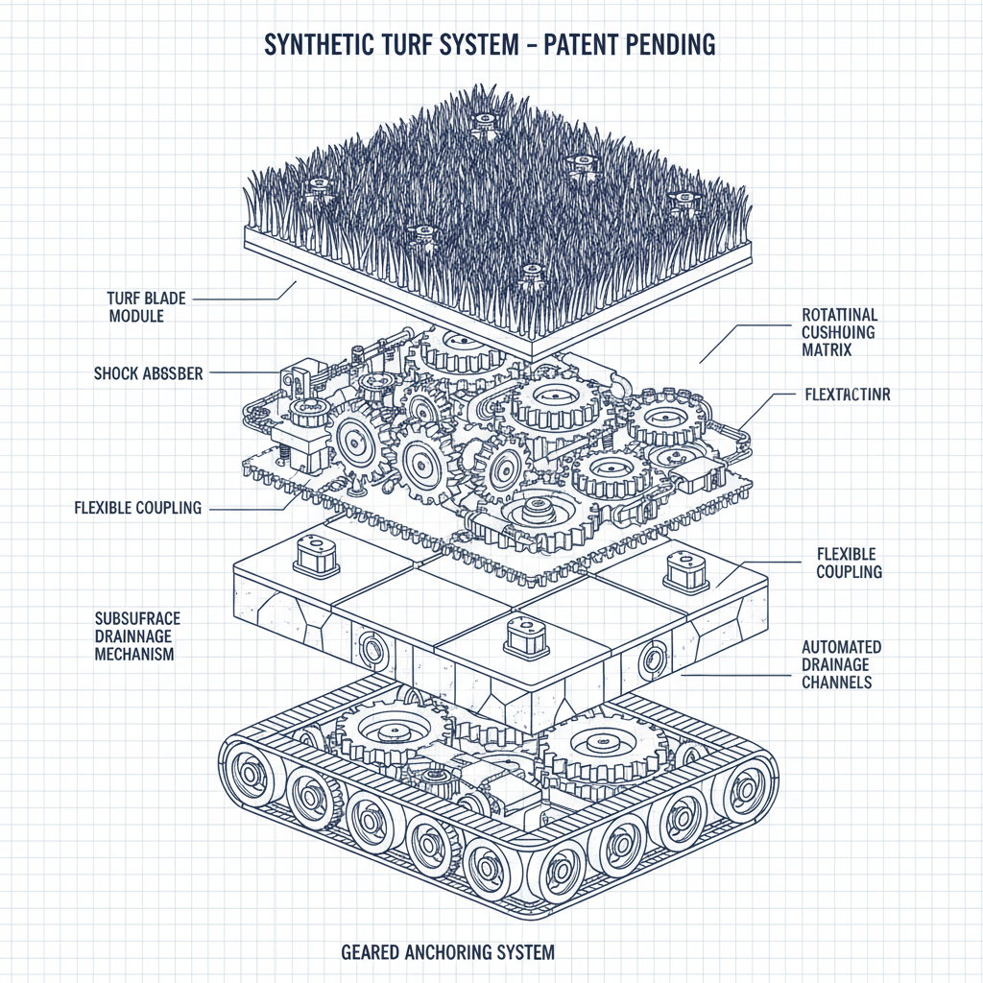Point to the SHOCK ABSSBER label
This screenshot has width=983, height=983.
click(x=149, y=373)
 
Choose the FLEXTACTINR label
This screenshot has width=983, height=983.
click(x=845, y=395)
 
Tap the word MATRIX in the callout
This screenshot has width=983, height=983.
click(x=827, y=351)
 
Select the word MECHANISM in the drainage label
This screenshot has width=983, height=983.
click(x=135, y=654)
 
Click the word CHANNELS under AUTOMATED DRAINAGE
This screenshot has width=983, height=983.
click(x=836, y=683)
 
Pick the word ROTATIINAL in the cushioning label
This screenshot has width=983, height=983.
click(x=839, y=315)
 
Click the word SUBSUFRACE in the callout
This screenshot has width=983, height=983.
click(x=138, y=618)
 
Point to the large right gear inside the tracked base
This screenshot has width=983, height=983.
click(x=596, y=740)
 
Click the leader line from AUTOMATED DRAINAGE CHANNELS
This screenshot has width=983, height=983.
click(x=739, y=673)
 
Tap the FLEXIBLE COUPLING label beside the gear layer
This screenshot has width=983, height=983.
click(x=138, y=508)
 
